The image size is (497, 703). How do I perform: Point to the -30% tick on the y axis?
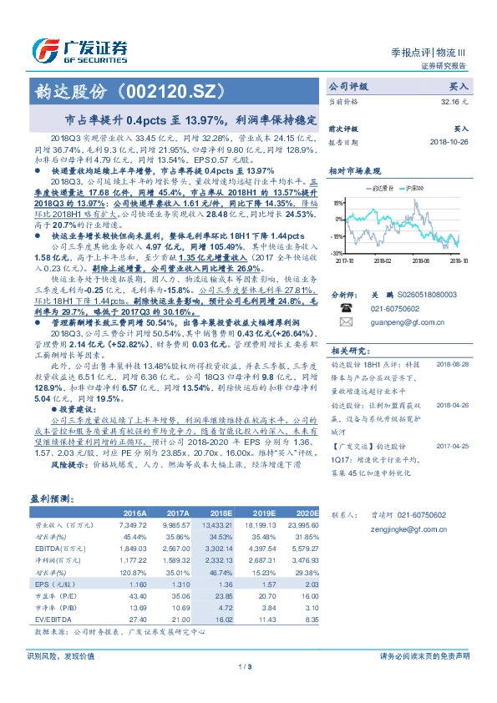click(336, 251)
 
